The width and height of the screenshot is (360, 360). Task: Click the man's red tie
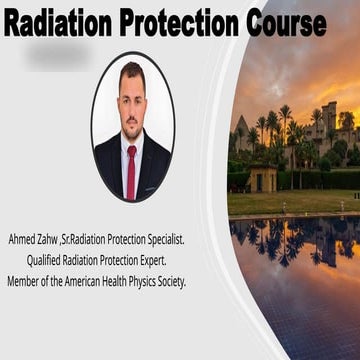click(x=131, y=169)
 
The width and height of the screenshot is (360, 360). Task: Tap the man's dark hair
click(x=131, y=73)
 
